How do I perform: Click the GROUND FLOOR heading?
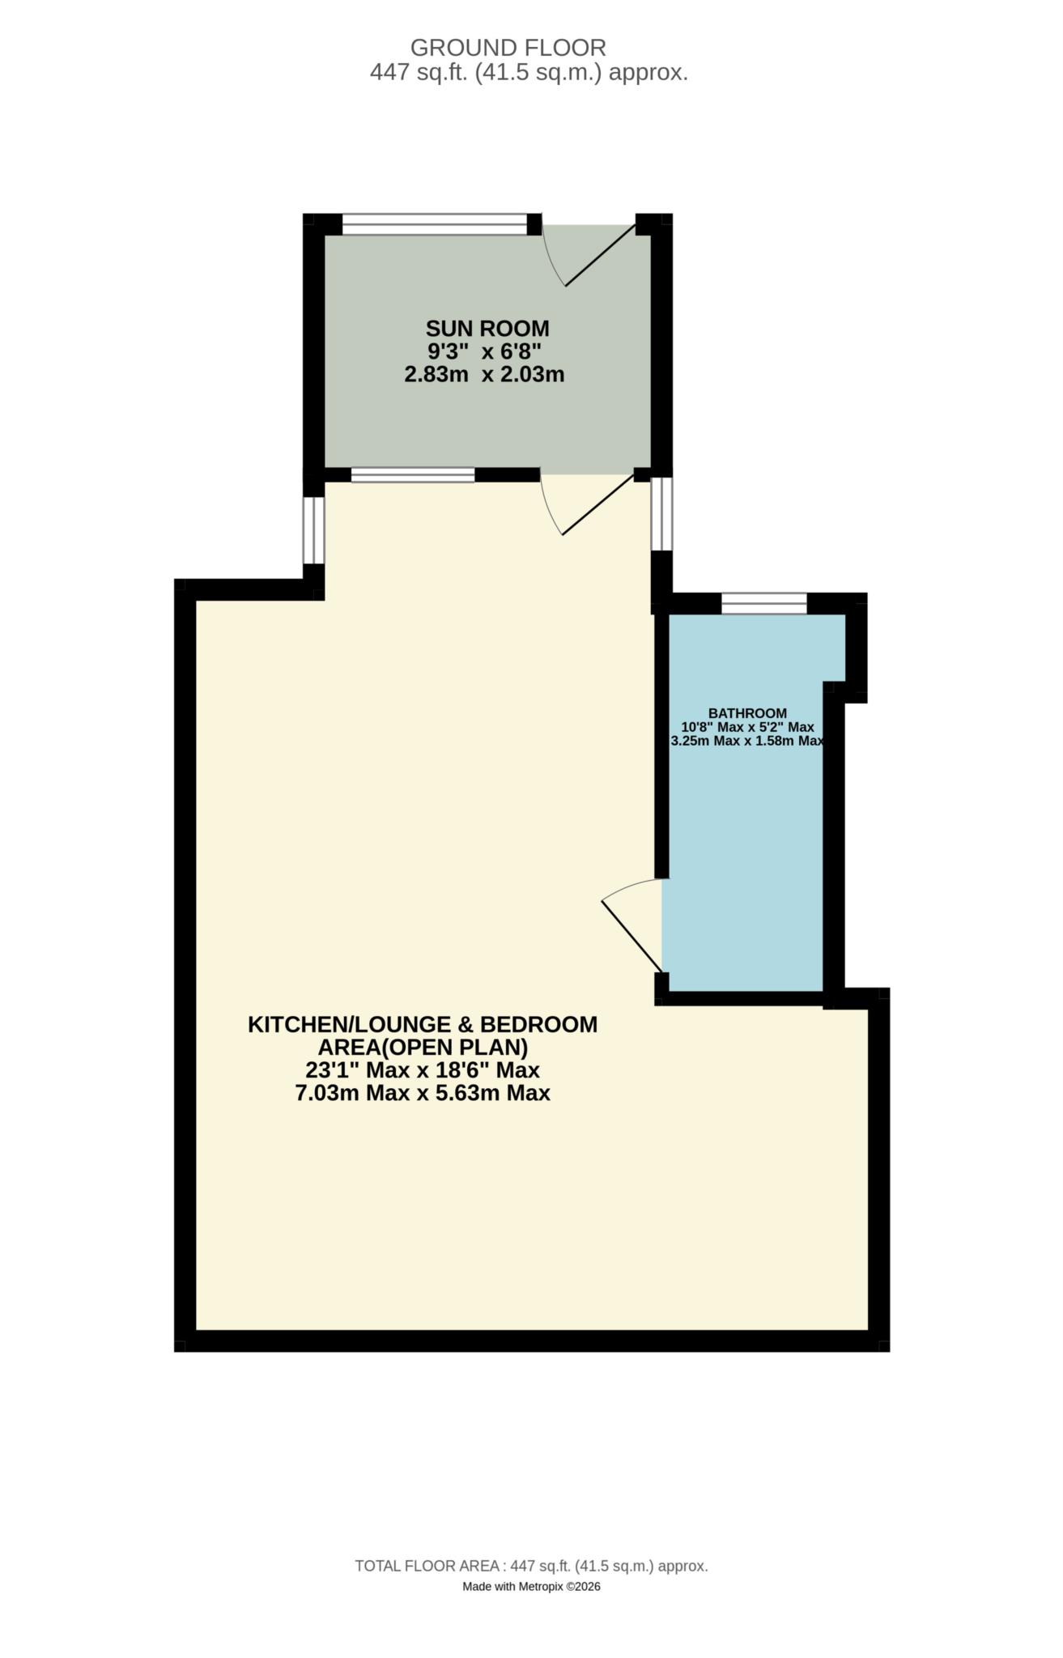pos(508,47)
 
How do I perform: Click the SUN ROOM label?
pos(487,329)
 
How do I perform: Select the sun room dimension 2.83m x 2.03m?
pos(483,375)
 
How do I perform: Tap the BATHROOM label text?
pos(747,713)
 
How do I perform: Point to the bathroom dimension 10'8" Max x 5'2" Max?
pos(747,727)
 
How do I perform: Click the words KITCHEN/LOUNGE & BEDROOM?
pos(422,1024)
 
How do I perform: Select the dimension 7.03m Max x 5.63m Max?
pos(422,1094)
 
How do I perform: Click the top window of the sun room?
pos(435,224)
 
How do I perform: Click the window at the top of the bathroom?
pos(764,603)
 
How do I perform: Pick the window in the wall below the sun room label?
pos(413,475)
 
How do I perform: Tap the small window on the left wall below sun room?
pos(314,529)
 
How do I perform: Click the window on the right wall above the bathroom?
pos(661,513)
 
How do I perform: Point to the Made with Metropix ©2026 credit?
pos(531,1587)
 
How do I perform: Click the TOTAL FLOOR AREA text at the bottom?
pos(531,1566)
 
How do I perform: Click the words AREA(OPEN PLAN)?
pos(422,1048)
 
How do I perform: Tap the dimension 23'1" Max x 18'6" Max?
pos(422,1070)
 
